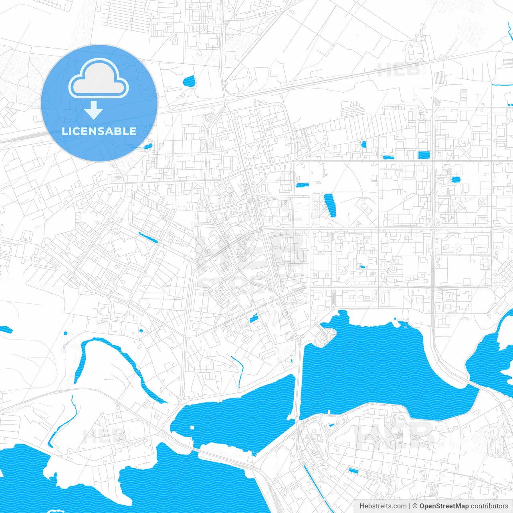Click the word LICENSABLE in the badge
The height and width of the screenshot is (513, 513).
(x=99, y=131)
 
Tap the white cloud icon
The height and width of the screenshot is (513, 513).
(x=99, y=79)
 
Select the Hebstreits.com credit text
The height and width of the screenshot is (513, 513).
(x=383, y=506)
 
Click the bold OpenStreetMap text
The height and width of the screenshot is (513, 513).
(x=444, y=506)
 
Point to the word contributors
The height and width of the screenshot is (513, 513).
(x=489, y=506)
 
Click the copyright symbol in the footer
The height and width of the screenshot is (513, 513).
(x=415, y=506)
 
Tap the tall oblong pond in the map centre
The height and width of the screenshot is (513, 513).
(x=330, y=205)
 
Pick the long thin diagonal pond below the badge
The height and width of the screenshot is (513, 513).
(x=148, y=238)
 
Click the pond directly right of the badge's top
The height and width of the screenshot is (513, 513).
(x=188, y=82)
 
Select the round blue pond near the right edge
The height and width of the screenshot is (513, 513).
(x=456, y=180)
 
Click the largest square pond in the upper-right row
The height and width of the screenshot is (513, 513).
(x=424, y=155)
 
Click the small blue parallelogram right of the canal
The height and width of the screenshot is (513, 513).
(x=353, y=471)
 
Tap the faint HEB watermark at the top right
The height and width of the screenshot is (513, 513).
(x=399, y=71)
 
